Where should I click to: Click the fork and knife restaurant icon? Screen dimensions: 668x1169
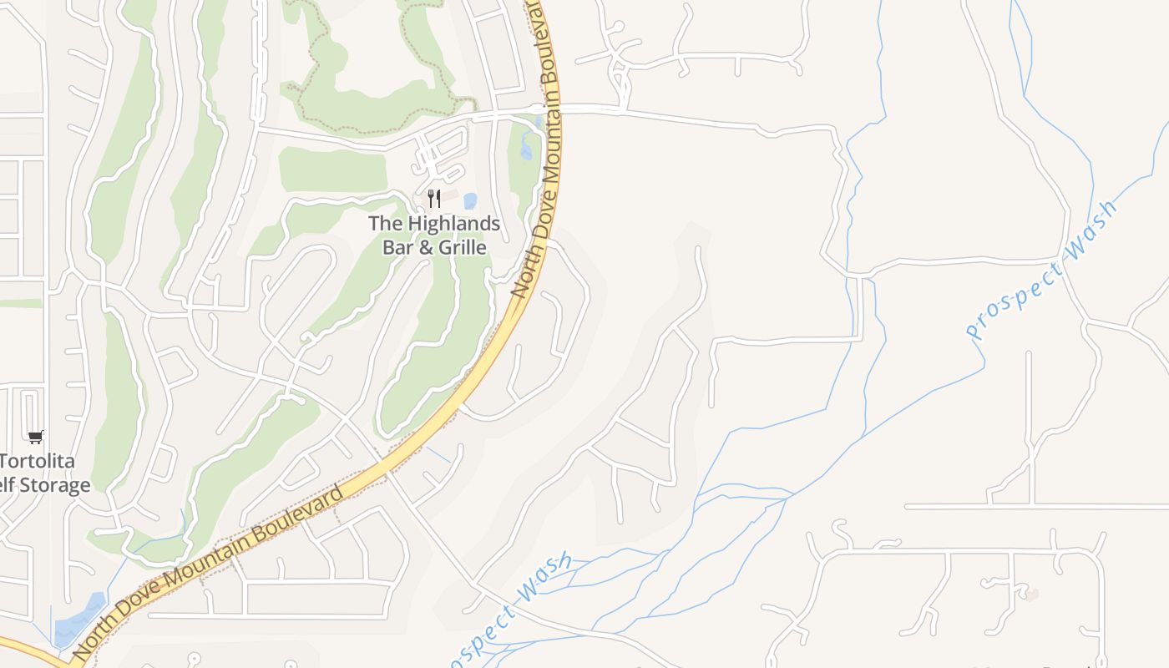[x=433, y=199]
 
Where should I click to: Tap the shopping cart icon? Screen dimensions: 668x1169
[x=35, y=437]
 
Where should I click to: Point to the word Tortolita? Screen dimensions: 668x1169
[x=37, y=461]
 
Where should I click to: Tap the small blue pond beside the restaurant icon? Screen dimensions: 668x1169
[x=470, y=201]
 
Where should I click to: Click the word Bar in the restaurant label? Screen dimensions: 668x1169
[x=398, y=248]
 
